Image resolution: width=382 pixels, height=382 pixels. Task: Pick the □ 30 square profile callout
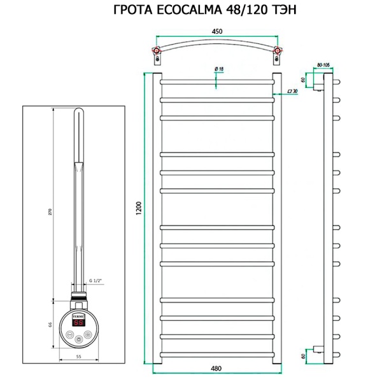click(x=294, y=92)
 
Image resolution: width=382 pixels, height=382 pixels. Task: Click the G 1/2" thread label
click(x=97, y=281)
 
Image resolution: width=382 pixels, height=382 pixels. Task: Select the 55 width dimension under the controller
click(x=78, y=357)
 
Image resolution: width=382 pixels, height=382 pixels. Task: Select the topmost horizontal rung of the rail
click(x=216, y=81)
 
